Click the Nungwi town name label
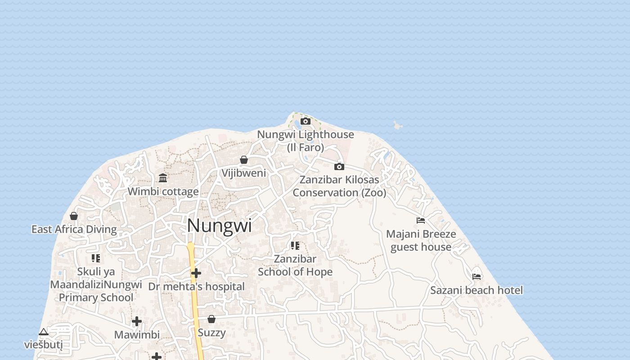point(219,225)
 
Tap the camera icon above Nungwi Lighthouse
point(306,121)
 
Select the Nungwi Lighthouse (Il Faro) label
point(306,141)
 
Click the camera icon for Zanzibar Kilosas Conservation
point(339,166)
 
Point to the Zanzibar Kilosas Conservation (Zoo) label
point(339,186)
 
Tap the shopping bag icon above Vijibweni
point(243,160)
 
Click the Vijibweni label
point(243,173)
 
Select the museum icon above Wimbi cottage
point(163,178)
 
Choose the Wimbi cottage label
point(163,192)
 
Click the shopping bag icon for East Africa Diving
point(74,216)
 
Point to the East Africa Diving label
point(74,229)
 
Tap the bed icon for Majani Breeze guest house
point(421,220)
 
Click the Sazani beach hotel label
point(477,290)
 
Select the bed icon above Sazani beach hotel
point(477,276)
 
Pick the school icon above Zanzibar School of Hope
point(295,245)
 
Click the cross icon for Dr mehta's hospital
point(196,273)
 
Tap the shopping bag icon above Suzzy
point(211,319)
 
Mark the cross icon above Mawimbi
point(137,321)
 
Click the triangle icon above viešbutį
point(43,332)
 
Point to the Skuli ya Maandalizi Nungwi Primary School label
point(96,285)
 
